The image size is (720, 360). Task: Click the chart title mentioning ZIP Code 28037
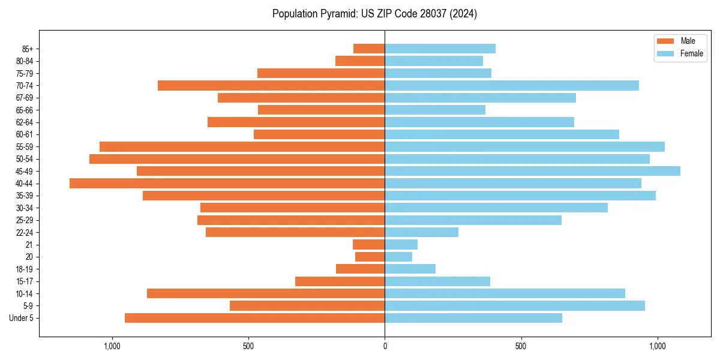374,14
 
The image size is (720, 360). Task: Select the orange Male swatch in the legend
665,41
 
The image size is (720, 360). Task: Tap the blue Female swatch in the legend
665,53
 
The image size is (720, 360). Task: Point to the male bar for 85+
369,49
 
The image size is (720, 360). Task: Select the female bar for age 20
398,257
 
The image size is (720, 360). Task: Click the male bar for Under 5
254,318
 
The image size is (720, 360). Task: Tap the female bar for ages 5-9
515,306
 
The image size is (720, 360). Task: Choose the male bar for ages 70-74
271,85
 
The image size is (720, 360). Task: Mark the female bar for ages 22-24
421,232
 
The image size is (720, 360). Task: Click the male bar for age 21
368,245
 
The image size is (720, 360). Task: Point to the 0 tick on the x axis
385,346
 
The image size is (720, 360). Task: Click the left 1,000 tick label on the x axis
112,346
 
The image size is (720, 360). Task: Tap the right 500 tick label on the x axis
521,346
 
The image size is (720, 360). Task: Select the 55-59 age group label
25,147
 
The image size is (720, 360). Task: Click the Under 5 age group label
22,318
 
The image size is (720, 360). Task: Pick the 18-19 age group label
25,269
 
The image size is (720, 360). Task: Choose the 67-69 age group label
25,98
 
